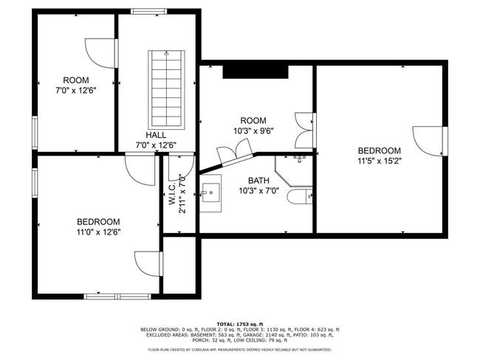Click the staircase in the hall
click(x=167, y=89)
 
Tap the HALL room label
click(x=156, y=135)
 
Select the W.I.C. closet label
click(x=172, y=194)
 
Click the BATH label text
click(x=258, y=181)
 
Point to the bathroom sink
click(x=210, y=193)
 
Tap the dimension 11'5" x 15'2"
click(x=380, y=161)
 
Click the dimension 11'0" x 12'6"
click(x=98, y=232)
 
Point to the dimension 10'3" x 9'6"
click(x=253, y=131)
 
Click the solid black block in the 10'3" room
click(x=256, y=72)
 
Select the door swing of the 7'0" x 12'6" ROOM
click(x=101, y=53)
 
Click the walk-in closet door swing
click(x=181, y=167)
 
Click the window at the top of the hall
click(x=148, y=12)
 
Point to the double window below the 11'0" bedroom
click(x=117, y=297)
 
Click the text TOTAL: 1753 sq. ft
click(x=240, y=324)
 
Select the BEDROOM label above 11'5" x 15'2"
click(x=380, y=150)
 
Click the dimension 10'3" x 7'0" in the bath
click(x=258, y=191)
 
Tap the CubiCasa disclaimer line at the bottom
click(x=240, y=349)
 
